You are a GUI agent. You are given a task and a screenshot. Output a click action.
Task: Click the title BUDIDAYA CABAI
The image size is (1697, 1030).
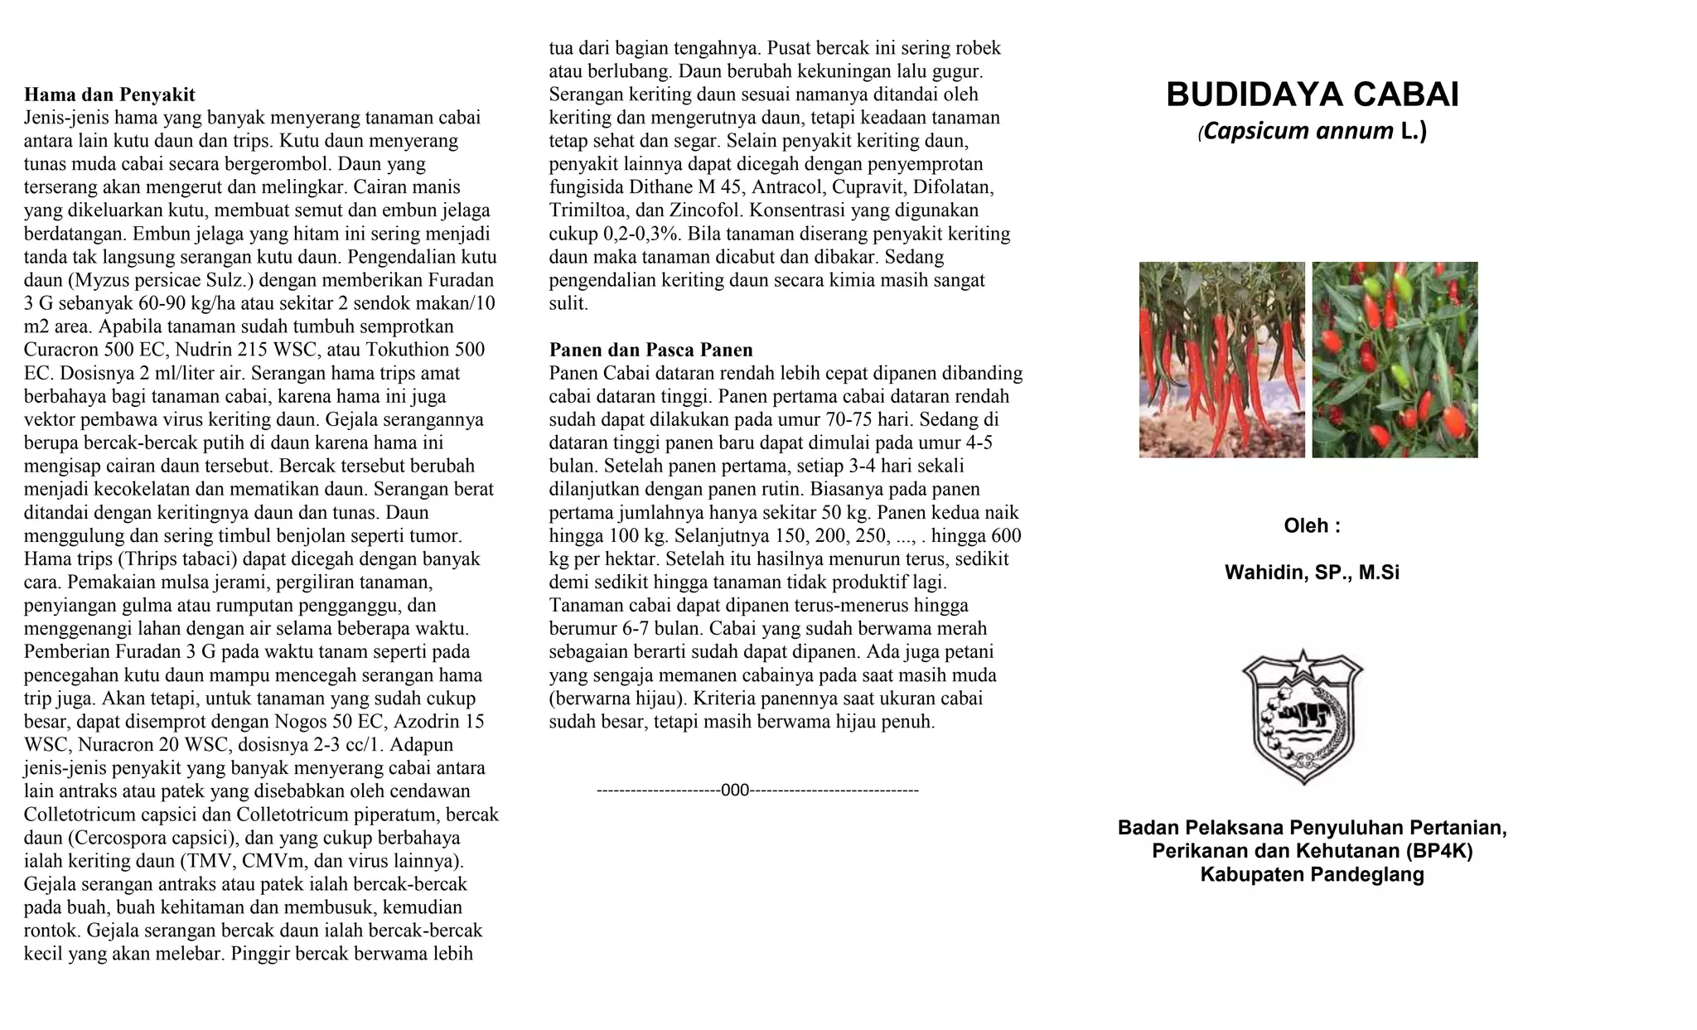click(x=1312, y=95)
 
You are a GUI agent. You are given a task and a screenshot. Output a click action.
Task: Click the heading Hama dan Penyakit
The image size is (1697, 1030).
click(x=109, y=94)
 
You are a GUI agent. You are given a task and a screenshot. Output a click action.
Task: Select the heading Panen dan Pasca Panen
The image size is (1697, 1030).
click(x=650, y=350)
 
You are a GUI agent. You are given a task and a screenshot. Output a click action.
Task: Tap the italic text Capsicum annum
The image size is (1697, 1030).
click(x=1298, y=132)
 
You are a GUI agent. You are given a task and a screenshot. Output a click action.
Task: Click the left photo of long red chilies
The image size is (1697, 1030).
click(x=1221, y=360)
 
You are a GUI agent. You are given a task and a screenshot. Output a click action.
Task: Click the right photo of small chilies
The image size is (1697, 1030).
click(x=1395, y=360)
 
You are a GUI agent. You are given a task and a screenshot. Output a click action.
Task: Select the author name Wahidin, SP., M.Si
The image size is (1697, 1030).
click(x=1312, y=573)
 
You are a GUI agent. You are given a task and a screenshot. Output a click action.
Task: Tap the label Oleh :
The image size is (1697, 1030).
click(x=1312, y=526)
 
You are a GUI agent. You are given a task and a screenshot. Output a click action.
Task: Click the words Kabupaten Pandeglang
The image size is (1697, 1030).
click(x=1312, y=874)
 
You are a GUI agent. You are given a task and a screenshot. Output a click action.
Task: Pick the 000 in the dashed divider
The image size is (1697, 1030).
click(x=735, y=791)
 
